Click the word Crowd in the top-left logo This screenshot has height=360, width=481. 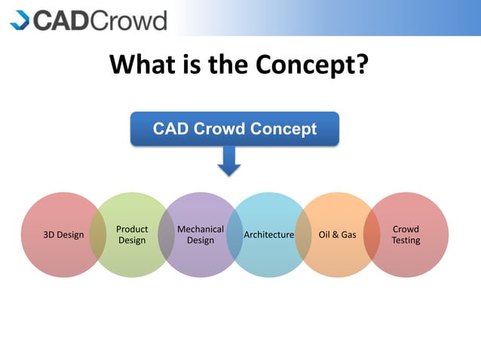[128, 20]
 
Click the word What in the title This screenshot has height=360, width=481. [145, 65]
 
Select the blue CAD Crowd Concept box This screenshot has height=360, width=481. [234, 129]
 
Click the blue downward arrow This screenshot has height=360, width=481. [229, 160]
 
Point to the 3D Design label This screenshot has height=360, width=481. [63, 235]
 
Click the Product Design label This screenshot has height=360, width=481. [132, 235]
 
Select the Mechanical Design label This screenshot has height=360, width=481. [200, 235]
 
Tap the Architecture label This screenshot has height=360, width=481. [268, 235]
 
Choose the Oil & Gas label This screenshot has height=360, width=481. [337, 235]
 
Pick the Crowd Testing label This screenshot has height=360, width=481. [406, 235]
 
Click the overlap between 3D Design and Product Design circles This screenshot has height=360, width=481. [97, 235]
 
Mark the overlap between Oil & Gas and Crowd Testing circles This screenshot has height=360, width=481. [371, 235]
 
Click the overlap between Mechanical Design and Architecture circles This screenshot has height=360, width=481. [234, 235]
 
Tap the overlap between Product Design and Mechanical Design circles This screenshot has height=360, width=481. [166, 235]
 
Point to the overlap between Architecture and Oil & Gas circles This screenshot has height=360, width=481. [302, 235]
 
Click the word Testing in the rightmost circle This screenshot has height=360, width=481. [406, 241]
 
